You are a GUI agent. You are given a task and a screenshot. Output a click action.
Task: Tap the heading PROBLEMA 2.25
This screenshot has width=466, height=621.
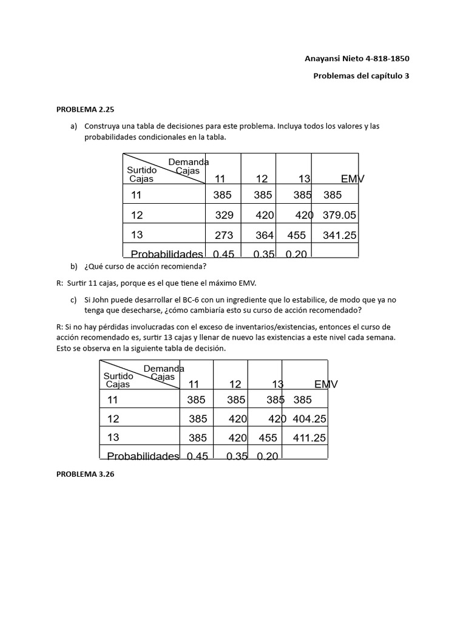(x=85, y=110)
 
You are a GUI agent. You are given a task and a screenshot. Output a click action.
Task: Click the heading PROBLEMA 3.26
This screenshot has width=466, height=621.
(x=85, y=475)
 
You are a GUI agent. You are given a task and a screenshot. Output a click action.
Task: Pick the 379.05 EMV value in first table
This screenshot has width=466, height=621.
(x=339, y=215)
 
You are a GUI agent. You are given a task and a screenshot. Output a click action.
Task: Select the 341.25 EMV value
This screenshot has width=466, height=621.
(x=339, y=235)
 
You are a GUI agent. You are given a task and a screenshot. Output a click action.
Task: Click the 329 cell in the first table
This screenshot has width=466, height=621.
(x=224, y=215)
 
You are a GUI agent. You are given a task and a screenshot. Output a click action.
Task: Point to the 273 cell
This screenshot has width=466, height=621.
(x=224, y=235)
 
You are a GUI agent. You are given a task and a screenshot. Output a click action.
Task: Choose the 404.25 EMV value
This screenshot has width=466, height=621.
(x=309, y=418)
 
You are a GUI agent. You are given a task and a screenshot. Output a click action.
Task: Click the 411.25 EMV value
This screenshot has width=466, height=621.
(x=309, y=438)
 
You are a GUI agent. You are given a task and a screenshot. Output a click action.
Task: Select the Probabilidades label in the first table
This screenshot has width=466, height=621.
(x=166, y=254)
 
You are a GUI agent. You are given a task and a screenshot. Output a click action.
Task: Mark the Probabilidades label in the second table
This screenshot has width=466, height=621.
(x=143, y=456)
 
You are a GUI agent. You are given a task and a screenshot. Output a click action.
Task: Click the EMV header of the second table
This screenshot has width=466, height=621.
(x=326, y=384)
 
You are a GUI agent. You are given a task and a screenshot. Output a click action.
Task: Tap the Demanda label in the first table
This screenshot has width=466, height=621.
(x=188, y=162)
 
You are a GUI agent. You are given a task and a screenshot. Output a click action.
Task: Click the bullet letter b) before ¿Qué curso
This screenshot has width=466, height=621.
(x=75, y=266)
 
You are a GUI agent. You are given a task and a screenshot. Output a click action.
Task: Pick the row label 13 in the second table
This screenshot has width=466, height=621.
(x=113, y=438)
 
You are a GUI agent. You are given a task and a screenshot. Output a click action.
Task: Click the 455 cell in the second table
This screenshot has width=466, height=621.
(x=268, y=438)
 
